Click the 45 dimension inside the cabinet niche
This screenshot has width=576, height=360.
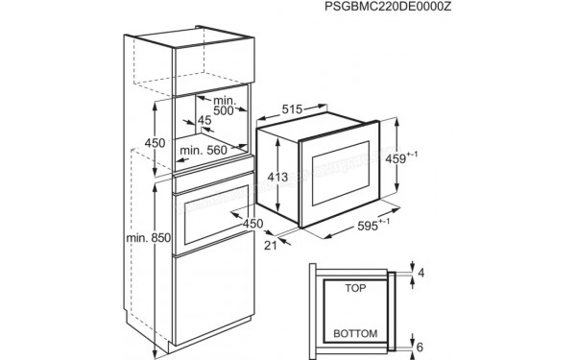[x=204, y=121]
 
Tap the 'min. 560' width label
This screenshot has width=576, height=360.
[x=203, y=150]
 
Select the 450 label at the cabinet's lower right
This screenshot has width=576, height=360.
[x=252, y=225]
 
